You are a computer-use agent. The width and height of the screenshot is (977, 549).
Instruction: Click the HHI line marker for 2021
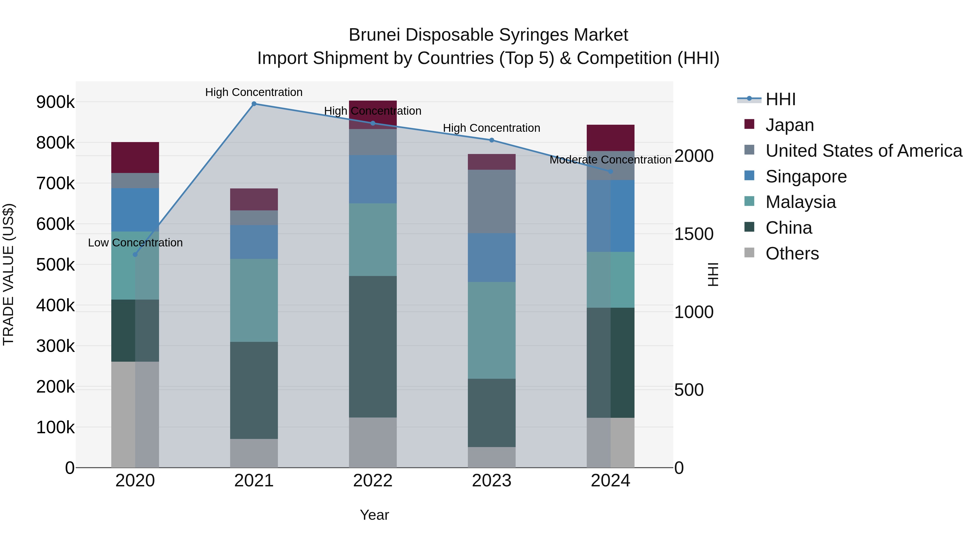pos(254,104)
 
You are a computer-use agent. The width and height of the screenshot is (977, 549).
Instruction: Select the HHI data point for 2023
pos(491,140)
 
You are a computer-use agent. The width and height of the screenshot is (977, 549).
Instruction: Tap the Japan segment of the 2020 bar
pos(135,158)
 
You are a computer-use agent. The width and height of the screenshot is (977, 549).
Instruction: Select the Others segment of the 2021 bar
pos(254,453)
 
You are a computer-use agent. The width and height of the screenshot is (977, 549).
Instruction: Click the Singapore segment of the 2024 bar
pos(611,216)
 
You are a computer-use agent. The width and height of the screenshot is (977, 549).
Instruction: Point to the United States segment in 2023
pos(491,201)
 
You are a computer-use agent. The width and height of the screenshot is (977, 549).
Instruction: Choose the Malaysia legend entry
pos(800,202)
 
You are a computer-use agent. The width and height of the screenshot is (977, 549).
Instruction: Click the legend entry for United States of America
pos(864,151)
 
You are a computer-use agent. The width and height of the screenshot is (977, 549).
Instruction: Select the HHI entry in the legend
pos(780,99)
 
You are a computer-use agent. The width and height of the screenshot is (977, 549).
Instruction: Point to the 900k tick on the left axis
pos(55,102)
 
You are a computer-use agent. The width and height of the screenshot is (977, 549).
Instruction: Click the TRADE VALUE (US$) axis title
pos(8,274)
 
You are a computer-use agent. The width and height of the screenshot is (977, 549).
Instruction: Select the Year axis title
pos(374,515)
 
